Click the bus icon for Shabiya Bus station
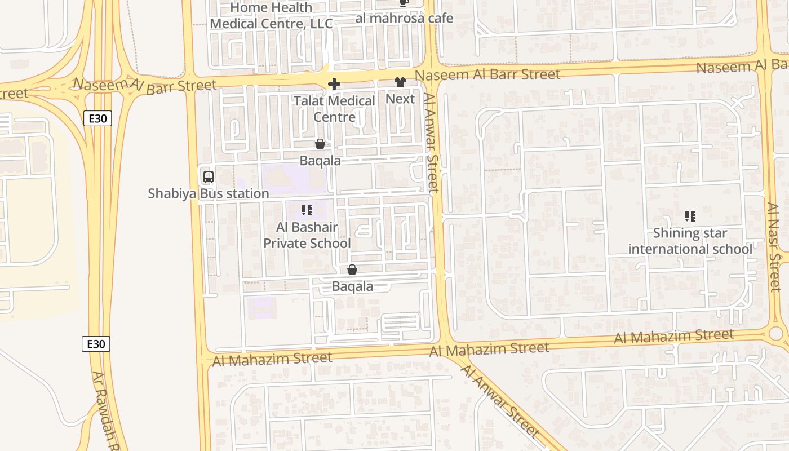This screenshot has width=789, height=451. point(209,177)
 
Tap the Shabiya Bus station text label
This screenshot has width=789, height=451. point(209,194)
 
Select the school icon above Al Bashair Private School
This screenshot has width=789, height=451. point(307,211)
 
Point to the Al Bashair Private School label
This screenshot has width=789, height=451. point(307,235)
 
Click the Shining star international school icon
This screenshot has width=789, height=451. point(690,216)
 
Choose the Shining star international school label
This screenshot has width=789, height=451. point(690,241)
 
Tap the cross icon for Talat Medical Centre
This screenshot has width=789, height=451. point(334,85)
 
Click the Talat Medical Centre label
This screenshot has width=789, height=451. point(334,109)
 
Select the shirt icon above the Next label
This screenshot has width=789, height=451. point(400,83)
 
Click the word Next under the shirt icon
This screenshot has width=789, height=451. point(400,99)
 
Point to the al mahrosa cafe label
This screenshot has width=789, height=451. point(404,19)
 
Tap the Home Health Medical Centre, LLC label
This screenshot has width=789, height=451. point(271,16)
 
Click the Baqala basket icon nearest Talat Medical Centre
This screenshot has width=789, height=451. point(320,144)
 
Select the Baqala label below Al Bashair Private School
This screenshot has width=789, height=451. point(352,286)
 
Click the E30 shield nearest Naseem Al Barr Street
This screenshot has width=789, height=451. point(97,118)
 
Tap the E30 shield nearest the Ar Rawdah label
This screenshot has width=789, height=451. point(96,344)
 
